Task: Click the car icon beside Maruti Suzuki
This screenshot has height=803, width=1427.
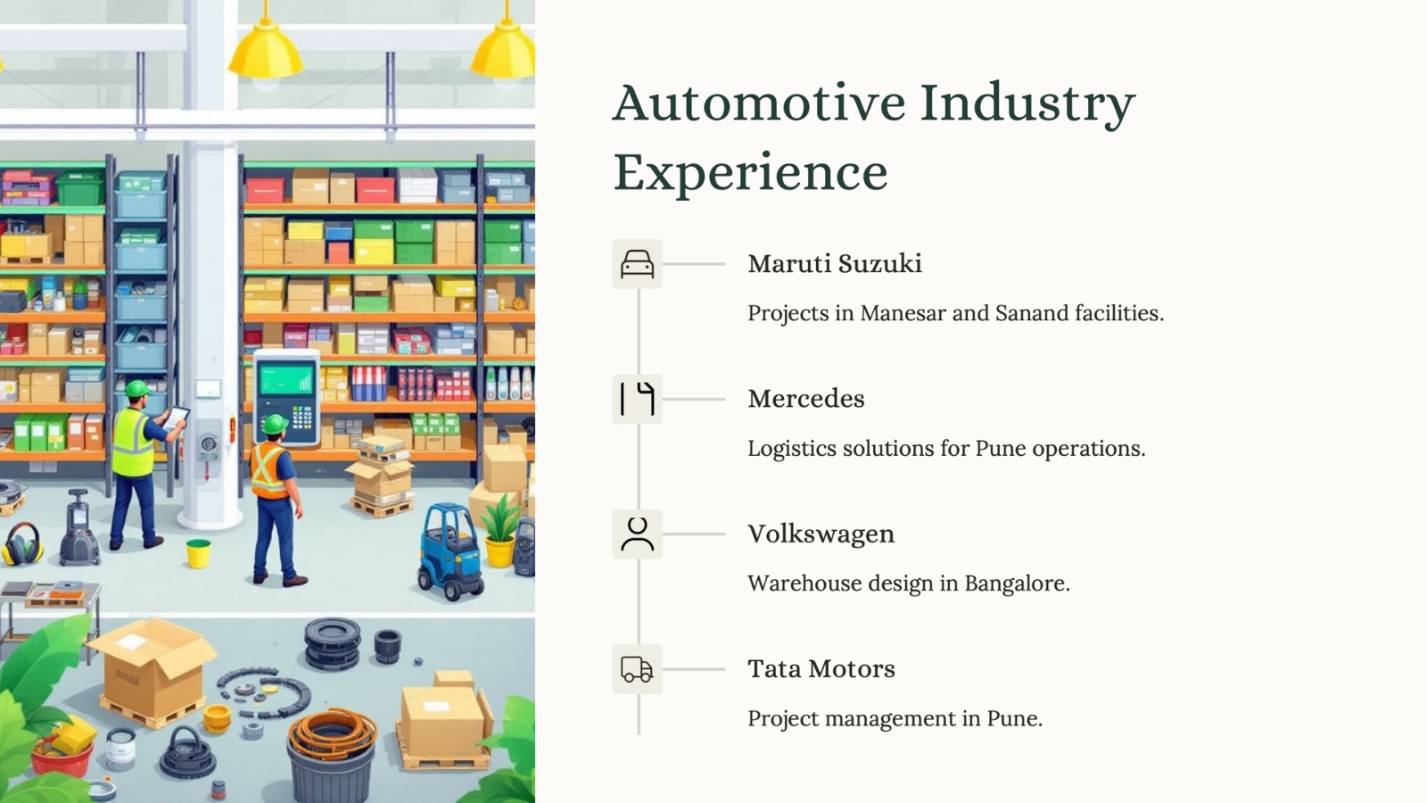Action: [x=637, y=264]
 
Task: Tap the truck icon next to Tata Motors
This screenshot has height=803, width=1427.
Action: [x=637, y=669]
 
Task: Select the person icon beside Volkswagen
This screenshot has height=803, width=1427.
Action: [x=637, y=534]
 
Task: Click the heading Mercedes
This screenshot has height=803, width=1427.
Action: [x=806, y=399]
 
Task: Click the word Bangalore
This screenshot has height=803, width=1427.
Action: [x=1017, y=584]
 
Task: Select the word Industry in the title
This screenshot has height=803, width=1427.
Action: [x=1027, y=104]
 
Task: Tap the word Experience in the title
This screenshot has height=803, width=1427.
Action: [x=750, y=172]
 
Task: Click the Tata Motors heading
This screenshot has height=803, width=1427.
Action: [x=821, y=669]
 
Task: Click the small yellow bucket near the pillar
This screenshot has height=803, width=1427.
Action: [x=198, y=553]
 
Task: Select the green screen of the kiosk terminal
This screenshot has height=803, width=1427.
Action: [x=286, y=379]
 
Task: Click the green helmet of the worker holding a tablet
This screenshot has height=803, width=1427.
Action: [x=137, y=388]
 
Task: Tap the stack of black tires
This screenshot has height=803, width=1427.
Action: [x=332, y=643]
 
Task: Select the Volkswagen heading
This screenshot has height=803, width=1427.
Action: [x=821, y=534]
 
